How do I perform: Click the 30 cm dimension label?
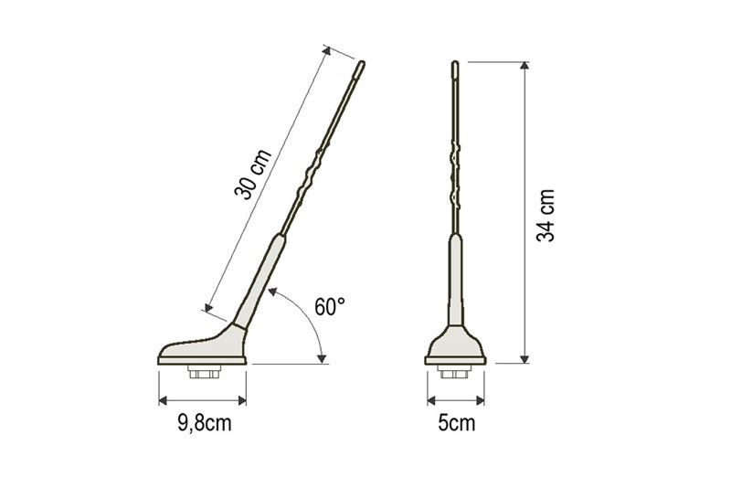(253, 174)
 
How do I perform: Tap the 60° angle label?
(330, 307)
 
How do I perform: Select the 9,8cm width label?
(204, 423)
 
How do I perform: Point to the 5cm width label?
(456, 423)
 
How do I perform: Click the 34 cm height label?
(546, 216)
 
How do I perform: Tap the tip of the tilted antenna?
(362, 62)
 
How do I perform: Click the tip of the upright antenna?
(455, 61)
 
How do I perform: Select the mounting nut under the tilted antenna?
(204, 372)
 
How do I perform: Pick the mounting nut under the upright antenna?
(455, 371)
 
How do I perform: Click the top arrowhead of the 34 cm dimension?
(524, 65)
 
